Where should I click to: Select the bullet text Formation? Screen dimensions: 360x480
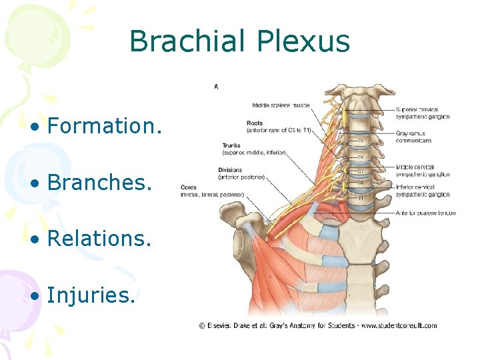point(104,125)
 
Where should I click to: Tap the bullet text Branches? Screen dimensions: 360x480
point(99,181)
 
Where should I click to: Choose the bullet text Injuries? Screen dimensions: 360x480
point(91,294)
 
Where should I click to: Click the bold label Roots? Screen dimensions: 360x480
point(254,123)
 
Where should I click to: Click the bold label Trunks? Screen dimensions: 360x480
point(232,146)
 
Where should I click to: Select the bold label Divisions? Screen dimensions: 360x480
point(230,170)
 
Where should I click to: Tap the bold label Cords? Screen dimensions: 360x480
point(188,188)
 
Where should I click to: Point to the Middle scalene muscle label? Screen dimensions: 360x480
point(281,105)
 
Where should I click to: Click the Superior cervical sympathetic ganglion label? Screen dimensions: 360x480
point(423,113)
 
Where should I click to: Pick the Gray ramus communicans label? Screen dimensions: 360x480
point(413,137)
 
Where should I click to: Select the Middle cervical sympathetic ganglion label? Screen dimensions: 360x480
point(423,171)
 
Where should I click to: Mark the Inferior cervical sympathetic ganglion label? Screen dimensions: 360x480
point(423,191)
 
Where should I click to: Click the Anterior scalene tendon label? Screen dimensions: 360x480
point(425,213)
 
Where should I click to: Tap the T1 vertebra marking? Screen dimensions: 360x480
point(361,198)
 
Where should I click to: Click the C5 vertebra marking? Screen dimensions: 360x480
point(361,141)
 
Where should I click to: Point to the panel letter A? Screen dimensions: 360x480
point(216,86)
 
